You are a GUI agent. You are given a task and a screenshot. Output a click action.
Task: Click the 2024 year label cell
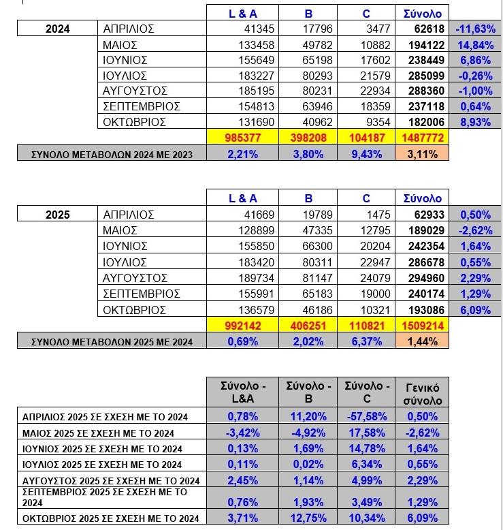(57, 29)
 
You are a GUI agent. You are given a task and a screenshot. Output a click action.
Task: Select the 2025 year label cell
(57, 215)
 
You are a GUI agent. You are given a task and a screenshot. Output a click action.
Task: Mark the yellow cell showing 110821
(366, 326)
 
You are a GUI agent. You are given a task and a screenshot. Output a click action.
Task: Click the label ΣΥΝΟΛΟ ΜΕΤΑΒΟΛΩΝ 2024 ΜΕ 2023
(112, 155)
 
